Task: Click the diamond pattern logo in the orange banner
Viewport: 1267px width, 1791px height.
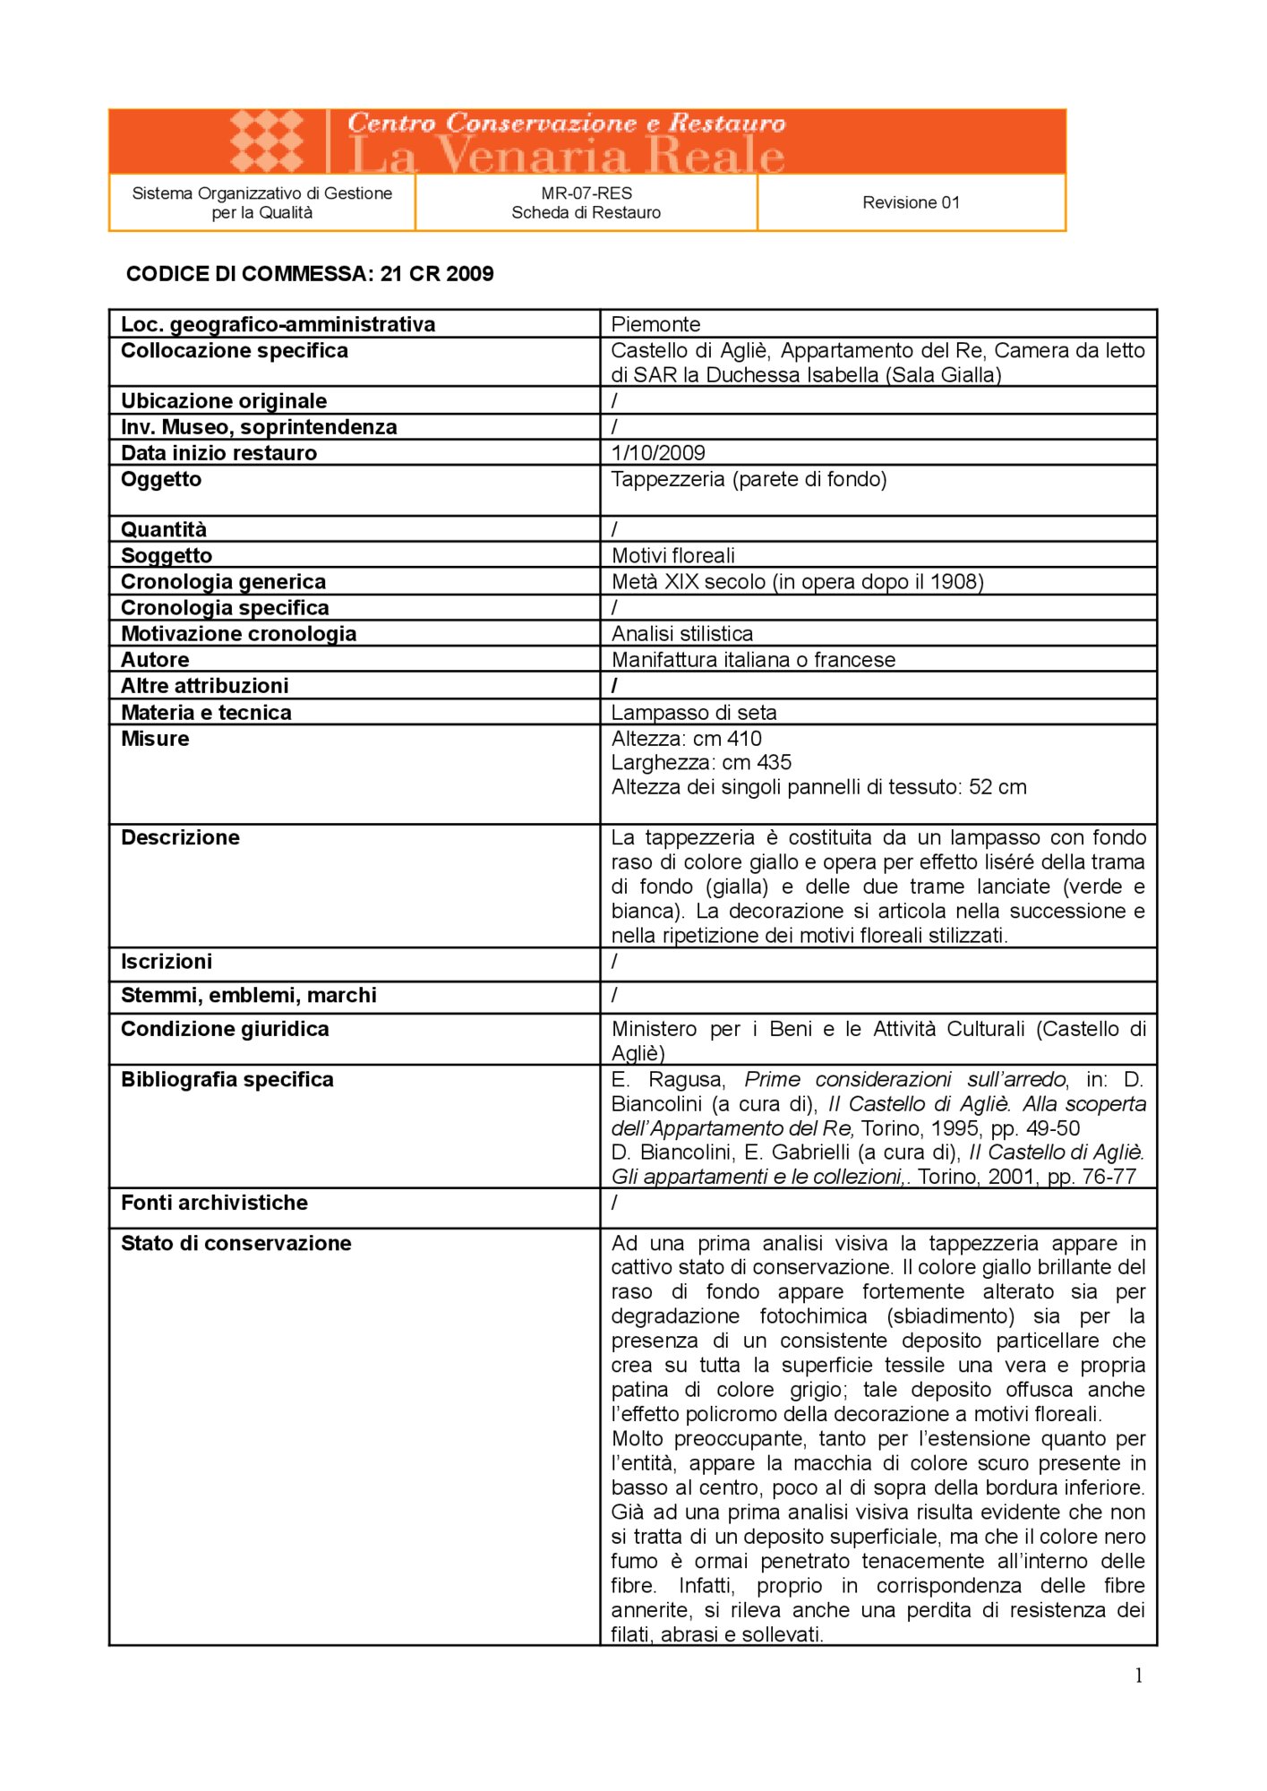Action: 267,141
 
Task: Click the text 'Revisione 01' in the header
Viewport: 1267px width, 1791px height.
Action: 911,202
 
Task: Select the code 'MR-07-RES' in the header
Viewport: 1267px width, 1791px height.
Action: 586,193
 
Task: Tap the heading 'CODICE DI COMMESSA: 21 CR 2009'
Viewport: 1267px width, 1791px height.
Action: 310,274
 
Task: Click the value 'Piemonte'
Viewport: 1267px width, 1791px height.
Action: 655,324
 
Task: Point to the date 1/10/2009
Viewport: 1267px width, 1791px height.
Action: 658,453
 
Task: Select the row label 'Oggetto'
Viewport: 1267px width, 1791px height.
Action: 161,479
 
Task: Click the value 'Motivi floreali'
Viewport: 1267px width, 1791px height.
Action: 673,555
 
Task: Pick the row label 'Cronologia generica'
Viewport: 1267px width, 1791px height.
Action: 223,582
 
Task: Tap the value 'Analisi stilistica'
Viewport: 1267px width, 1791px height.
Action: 682,634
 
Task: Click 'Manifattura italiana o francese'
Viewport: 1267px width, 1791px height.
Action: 753,660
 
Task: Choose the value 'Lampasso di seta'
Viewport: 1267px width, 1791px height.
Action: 694,713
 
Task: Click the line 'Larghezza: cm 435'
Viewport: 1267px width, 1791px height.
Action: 701,763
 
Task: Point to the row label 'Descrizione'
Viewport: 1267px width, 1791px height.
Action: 180,838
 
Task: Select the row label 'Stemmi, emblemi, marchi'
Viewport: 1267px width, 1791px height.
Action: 249,996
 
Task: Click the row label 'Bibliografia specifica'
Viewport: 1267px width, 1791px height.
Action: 227,1080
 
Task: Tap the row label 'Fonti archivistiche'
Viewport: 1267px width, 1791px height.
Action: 214,1204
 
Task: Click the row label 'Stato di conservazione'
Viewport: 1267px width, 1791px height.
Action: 236,1244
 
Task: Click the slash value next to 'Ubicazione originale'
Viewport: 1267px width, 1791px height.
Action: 615,401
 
